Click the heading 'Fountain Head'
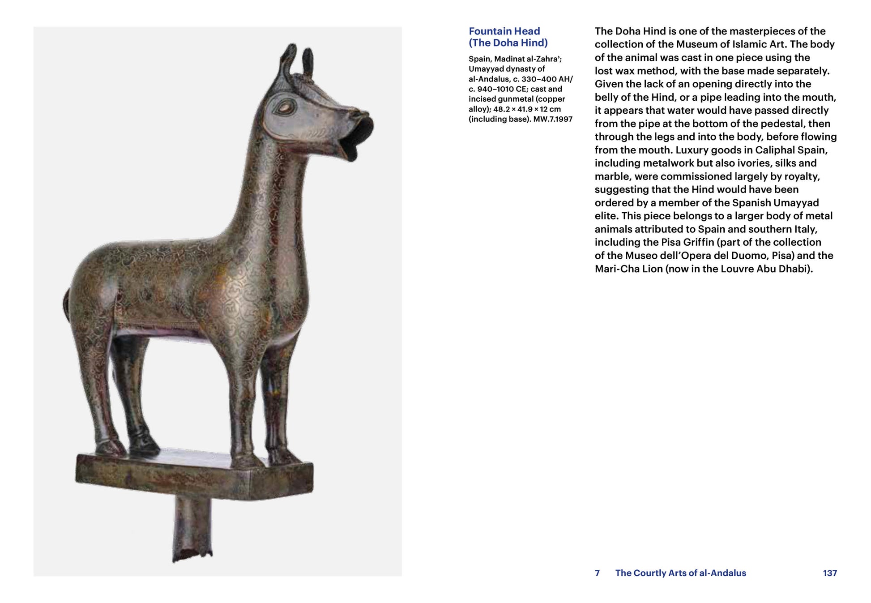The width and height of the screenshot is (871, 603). click(504, 31)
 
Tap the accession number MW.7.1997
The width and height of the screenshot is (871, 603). click(553, 119)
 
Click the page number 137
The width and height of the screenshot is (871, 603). click(829, 573)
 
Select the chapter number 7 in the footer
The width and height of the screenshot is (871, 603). click(597, 573)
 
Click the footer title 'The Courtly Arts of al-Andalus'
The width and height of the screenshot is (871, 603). click(680, 573)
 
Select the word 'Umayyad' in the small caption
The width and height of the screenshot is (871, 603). click(486, 69)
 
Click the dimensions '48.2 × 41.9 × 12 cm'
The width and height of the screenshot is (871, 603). click(527, 109)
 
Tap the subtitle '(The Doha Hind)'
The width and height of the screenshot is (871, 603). click(508, 43)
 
